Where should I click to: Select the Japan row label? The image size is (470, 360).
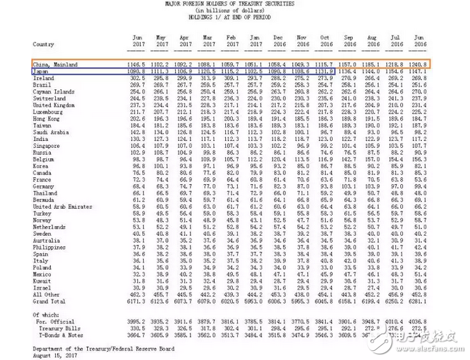point(40,71)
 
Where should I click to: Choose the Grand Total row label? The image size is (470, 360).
point(49,301)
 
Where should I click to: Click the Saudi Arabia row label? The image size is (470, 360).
point(51,131)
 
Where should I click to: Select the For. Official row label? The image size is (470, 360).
point(59,321)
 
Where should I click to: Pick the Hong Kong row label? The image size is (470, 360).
point(47,118)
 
